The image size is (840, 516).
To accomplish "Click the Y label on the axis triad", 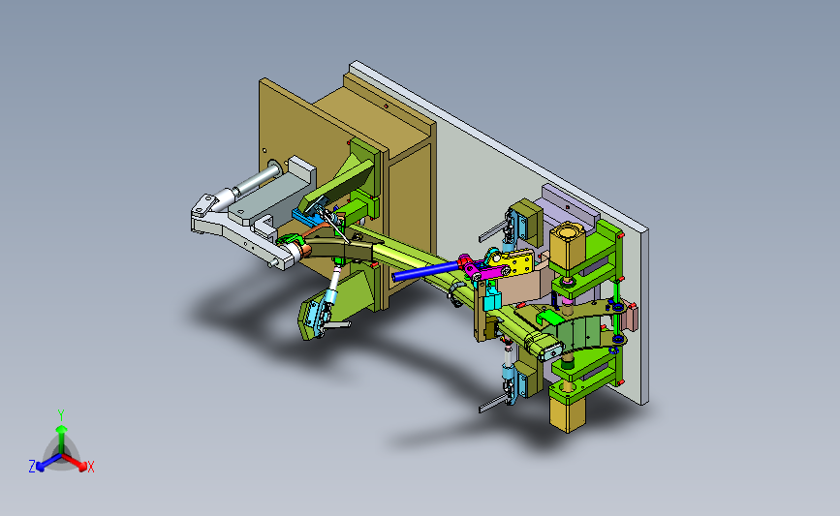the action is click(60, 415).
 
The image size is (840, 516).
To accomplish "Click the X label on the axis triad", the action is click(90, 467).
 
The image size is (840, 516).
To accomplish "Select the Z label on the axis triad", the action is click(32, 467).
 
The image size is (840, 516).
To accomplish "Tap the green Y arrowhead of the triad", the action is click(62, 429).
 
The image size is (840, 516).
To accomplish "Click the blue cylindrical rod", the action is click(426, 271).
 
